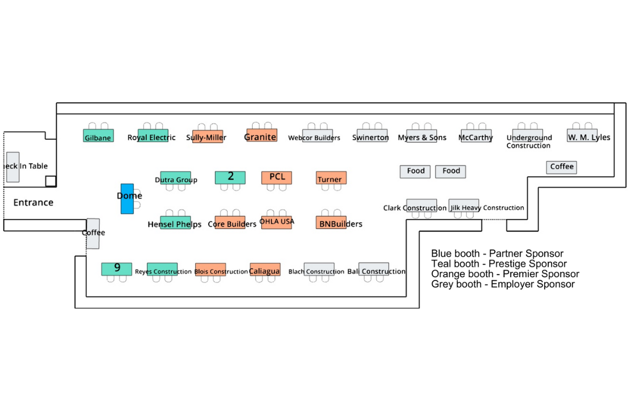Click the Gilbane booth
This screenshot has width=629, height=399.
pyautogui.click(x=98, y=136)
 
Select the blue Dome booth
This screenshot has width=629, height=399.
pyautogui.click(x=127, y=198)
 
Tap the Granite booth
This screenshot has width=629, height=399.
pyautogui.click(x=261, y=136)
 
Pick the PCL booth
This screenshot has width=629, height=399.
pyautogui.click(x=277, y=178)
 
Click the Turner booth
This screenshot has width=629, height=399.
pyautogui.click(x=331, y=178)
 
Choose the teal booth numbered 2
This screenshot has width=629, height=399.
pyautogui.click(x=230, y=177)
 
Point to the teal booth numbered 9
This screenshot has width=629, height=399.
pyautogui.click(x=117, y=269)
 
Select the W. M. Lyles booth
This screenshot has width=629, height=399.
pyautogui.click(x=582, y=136)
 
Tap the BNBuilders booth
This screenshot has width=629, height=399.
pyautogui.click(x=331, y=223)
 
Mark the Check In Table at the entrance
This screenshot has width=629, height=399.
pyautogui.click(x=13, y=167)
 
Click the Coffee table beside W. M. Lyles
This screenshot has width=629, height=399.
pyautogui.click(x=561, y=167)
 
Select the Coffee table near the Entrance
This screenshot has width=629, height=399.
pyautogui.click(x=93, y=233)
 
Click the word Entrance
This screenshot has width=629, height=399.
pyautogui.click(x=33, y=203)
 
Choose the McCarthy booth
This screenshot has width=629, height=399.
pyautogui.click(x=476, y=136)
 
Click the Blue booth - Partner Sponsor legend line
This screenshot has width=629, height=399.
pyautogui.click(x=497, y=254)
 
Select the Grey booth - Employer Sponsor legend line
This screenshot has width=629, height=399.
pyautogui.click(x=503, y=284)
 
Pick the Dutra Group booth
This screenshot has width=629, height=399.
pyautogui.click(x=175, y=178)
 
